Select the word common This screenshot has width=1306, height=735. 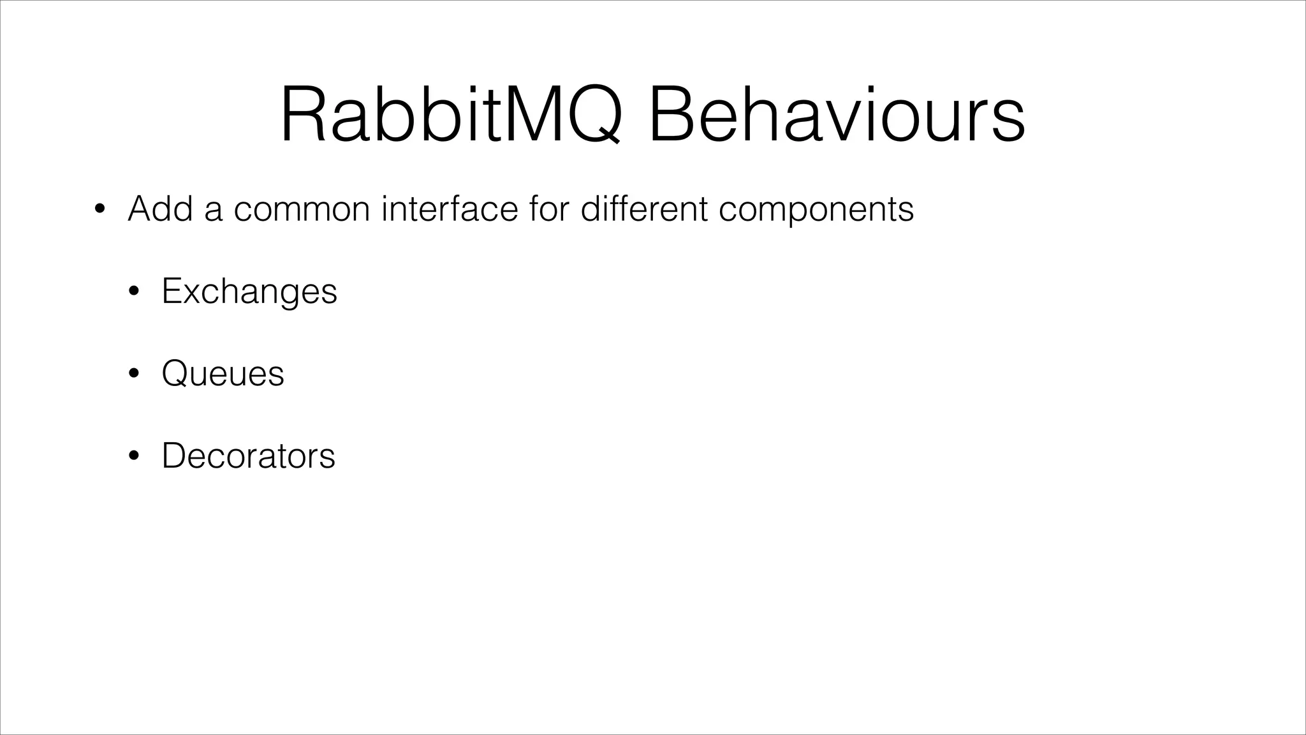coord(302,209)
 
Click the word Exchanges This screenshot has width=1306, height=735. coord(249,291)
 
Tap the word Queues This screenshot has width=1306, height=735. coord(223,373)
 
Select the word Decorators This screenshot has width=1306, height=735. coord(248,456)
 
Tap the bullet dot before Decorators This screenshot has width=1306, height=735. coord(133,456)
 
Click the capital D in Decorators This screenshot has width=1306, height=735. coord(174,456)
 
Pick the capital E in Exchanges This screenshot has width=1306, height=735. coord(172,291)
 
